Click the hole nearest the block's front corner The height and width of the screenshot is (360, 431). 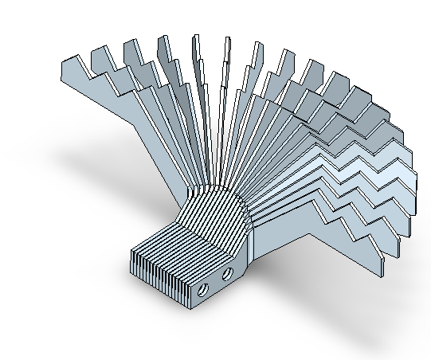203,290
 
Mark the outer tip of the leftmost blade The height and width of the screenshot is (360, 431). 66,62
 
